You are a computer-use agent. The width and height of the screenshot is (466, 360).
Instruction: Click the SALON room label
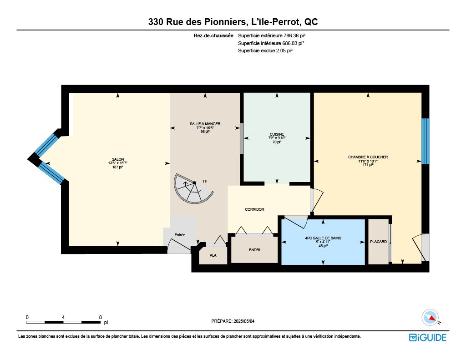tap(118, 159)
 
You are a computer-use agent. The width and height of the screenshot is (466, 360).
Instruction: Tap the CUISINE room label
tap(277, 134)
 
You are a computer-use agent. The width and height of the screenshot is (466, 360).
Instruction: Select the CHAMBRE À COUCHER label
tap(368, 157)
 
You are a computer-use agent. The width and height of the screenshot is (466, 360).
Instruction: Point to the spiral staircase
tap(193, 188)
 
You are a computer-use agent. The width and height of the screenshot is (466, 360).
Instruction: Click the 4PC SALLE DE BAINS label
tap(323, 238)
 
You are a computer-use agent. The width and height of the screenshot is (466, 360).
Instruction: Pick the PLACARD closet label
tap(378, 242)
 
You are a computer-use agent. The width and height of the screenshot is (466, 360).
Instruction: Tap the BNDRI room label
tap(254, 250)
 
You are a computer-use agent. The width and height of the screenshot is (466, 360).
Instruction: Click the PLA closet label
tap(213, 255)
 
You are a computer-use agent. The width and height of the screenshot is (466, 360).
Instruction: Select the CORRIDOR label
tap(254, 209)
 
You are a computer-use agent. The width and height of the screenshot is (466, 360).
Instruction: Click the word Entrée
tap(180, 235)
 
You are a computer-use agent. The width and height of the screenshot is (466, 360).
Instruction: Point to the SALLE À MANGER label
tap(205, 124)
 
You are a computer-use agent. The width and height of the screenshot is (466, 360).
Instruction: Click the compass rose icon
tap(431, 318)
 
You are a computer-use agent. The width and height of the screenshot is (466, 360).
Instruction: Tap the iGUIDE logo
tap(428, 338)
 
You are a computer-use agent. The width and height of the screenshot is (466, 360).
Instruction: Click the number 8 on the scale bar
tap(101, 317)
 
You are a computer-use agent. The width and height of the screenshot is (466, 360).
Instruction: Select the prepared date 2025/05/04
tap(244, 321)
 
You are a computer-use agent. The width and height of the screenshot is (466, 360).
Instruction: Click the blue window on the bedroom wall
tap(425, 141)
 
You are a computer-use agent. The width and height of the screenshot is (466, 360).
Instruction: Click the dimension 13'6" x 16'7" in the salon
tap(118, 163)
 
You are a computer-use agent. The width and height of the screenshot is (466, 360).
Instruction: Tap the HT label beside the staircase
tap(205, 181)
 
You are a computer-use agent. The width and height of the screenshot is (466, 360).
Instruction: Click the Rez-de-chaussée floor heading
tap(213, 35)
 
